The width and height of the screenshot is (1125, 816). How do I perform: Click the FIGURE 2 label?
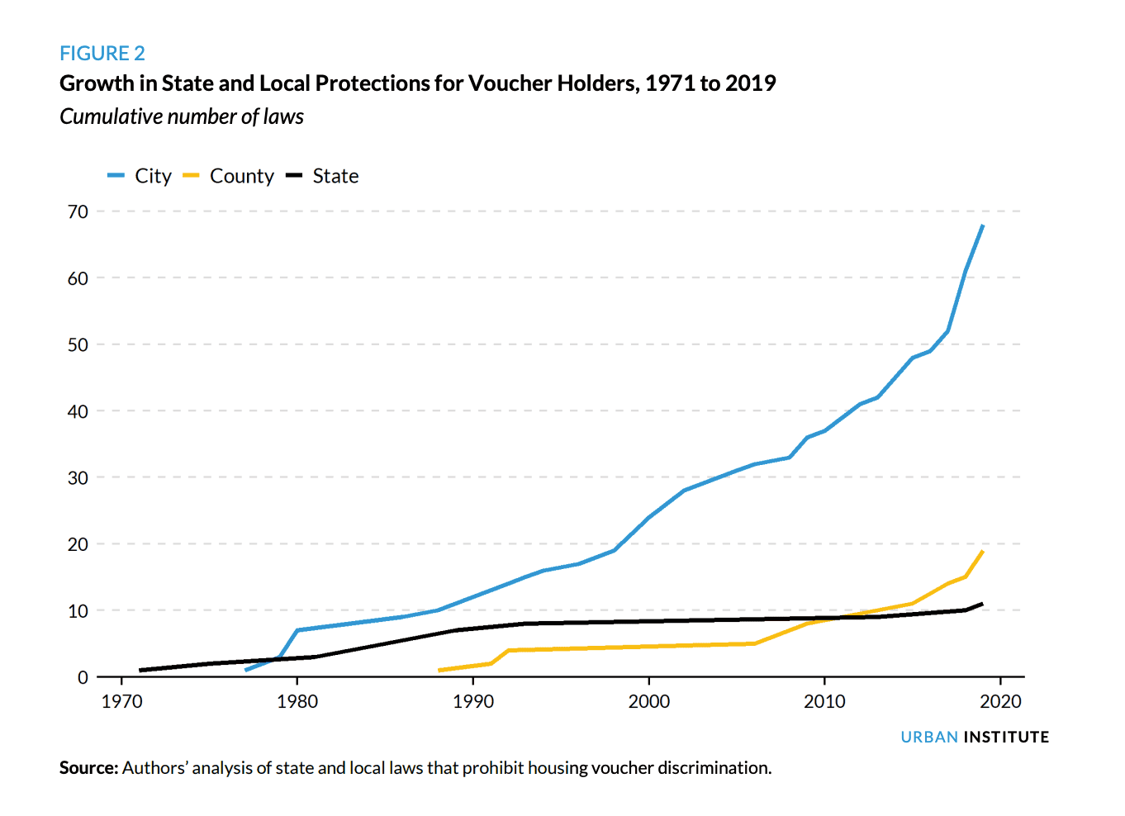(102, 53)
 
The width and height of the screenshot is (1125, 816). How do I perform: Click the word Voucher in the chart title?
(510, 83)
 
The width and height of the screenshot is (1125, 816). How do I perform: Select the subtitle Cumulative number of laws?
(182, 116)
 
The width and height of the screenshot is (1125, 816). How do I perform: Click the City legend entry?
(140, 176)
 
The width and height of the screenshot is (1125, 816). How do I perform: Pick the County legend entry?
(229, 176)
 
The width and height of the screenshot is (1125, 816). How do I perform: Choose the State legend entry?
(322, 176)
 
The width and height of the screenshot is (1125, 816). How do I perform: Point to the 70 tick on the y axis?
(78, 212)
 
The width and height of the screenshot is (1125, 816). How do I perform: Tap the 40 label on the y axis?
(78, 412)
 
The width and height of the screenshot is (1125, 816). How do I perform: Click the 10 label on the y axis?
(78, 611)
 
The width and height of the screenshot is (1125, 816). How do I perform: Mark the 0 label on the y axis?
(83, 678)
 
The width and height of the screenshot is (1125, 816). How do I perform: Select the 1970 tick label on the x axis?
(121, 701)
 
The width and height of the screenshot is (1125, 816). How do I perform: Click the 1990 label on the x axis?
(473, 701)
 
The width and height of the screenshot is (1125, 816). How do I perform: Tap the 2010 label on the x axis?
(824, 701)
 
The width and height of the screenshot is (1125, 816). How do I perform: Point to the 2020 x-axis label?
(1000, 701)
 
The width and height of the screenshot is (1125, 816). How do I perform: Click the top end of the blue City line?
(983, 225)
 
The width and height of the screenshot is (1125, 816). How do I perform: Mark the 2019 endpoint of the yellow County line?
(983, 551)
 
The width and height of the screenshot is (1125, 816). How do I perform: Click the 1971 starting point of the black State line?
(140, 671)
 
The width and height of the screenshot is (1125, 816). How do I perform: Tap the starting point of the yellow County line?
(439, 671)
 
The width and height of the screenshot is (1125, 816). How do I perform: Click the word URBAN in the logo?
(929, 738)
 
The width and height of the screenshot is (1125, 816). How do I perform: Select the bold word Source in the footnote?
(88, 768)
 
